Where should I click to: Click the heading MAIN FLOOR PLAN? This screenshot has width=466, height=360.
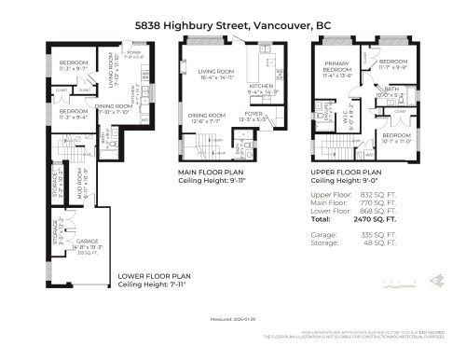tap(211, 173)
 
